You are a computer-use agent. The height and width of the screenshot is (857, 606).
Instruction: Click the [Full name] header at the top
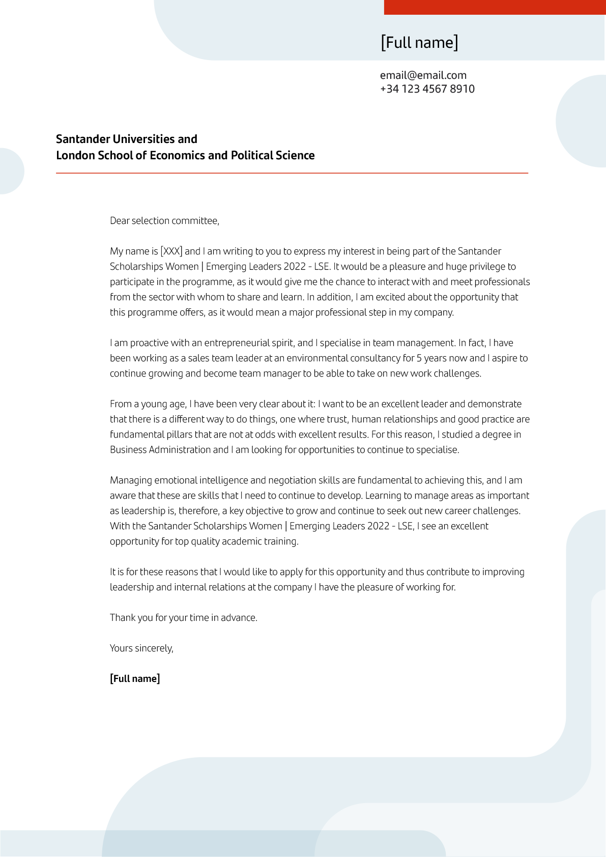pyautogui.click(x=419, y=42)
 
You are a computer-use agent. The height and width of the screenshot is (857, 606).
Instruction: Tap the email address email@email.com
pyautogui.click(x=423, y=75)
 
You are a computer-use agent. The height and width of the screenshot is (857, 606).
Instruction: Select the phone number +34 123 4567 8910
pyautogui.click(x=427, y=89)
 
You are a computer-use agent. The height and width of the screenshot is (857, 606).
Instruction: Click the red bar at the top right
pyautogui.click(x=495, y=7)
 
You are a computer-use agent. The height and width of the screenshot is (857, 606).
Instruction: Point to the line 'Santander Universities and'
pyautogui.click(x=127, y=139)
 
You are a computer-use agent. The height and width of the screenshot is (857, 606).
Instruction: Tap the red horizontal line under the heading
pyautogui.click(x=292, y=173)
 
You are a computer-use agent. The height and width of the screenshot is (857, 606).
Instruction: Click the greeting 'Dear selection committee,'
pyautogui.click(x=164, y=221)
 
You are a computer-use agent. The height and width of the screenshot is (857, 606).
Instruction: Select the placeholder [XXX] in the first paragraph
pyautogui.click(x=171, y=251)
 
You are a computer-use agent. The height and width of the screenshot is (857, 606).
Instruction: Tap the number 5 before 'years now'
pyautogui.click(x=419, y=358)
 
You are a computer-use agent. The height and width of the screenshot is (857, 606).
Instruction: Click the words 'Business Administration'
pyautogui.click(x=160, y=450)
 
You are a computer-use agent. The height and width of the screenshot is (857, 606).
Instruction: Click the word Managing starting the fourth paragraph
pyautogui.click(x=131, y=480)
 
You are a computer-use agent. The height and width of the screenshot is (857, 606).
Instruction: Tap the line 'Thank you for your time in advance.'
pyautogui.click(x=184, y=618)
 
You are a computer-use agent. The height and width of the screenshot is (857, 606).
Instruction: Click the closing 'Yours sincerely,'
pyautogui.click(x=141, y=648)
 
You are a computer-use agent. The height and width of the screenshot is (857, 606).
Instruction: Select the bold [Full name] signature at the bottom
pyautogui.click(x=135, y=679)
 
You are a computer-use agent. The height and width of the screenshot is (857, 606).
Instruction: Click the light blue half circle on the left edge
pyautogui.click(x=10, y=171)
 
